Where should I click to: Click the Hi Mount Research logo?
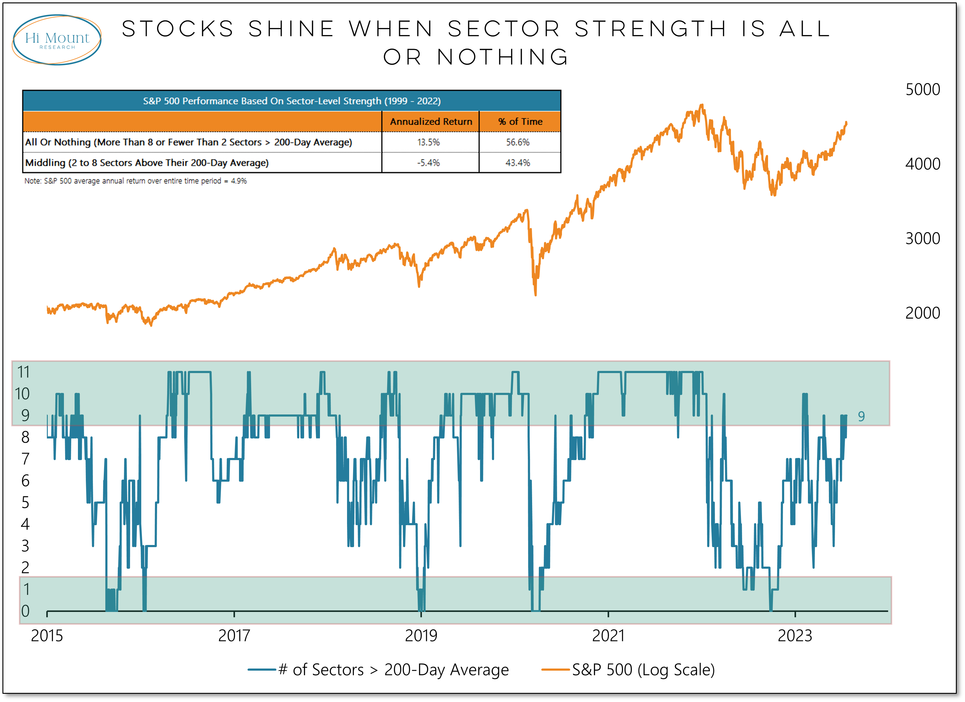click(x=57, y=40)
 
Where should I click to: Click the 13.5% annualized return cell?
click(x=428, y=142)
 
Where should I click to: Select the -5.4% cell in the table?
click(x=428, y=163)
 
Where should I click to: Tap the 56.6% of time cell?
click(x=518, y=142)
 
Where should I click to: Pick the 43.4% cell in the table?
click(x=518, y=163)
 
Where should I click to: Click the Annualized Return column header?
click(x=430, y=122)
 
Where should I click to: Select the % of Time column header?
click(x=520, y=122)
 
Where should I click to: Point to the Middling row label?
click(x=147, y=163)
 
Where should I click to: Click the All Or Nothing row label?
click(x=188, y=142)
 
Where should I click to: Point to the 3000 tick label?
click(x=922, y=239)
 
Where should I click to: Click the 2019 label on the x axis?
click(x=421, y=636)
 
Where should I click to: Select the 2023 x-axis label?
click(x=795, y=636)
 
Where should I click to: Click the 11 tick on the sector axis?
click(x=23, y=372)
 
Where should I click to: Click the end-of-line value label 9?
click(x=861, y=416)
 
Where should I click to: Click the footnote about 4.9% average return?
click(x=135, y=181)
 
